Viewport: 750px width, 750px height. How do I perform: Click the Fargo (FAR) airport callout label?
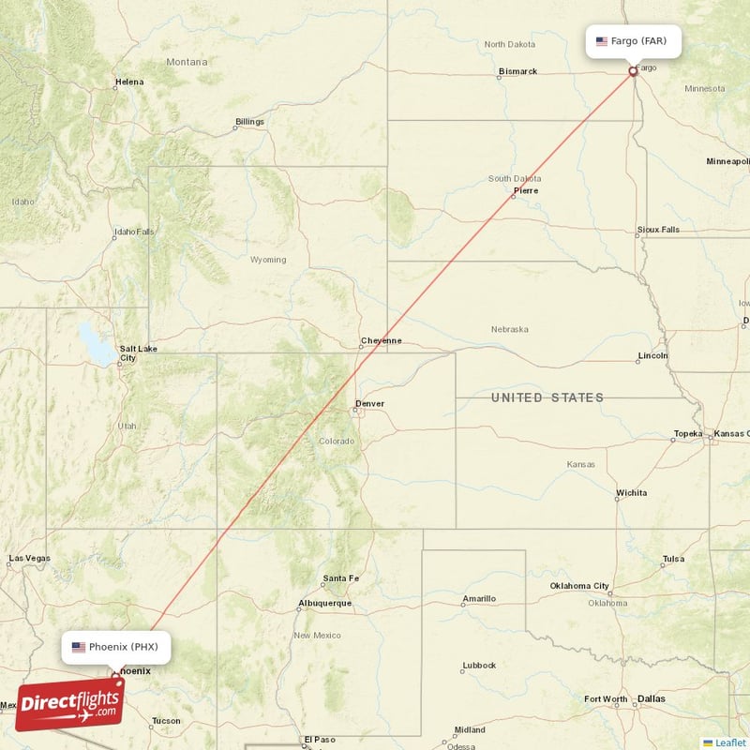tap(634, 41)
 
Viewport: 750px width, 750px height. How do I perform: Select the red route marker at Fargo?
tap(634, 70)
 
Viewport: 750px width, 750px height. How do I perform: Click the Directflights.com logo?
tap(69, 705)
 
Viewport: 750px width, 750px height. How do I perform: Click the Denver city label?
tap(369, 404)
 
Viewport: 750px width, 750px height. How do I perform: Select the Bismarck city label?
tap(517, 71)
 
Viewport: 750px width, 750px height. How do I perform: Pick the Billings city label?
tap(249, 121)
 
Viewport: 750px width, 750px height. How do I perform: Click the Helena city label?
tap(129, 82)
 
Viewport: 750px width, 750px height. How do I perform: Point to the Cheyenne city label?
tap(382, 340)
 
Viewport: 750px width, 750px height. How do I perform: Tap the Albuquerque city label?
tap(324, 603)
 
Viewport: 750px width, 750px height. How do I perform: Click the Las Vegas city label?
tap(29, 558)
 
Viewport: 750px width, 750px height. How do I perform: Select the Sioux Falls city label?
tap(658, 229)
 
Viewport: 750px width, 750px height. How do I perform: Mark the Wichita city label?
tap(631, 492)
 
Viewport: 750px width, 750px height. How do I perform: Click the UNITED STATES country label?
tap(547, 397)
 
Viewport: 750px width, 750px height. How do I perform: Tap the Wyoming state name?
tap(268, 260)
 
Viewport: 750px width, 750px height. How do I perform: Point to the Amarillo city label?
tap(479, 598)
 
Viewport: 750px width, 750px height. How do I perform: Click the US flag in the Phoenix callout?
tap(79, 647)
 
